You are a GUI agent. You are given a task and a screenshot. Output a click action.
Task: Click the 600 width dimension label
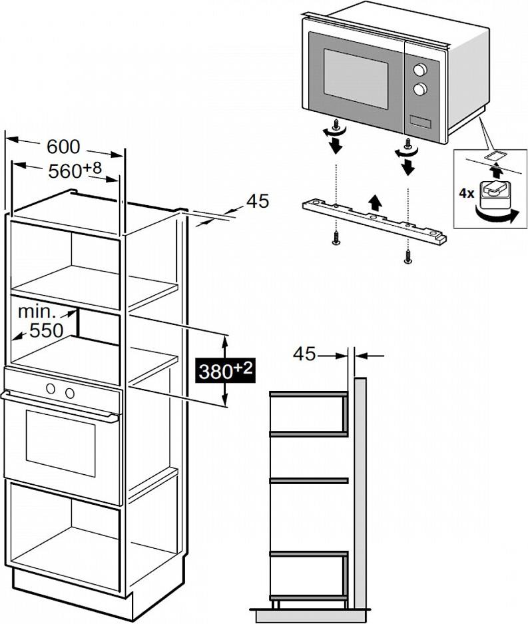point(63,147)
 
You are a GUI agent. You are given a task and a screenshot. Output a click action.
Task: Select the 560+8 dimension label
point(75,170)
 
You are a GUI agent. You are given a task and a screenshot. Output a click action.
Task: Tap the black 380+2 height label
point(225,370)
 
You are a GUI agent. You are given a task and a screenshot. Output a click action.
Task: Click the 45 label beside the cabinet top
point(258,201)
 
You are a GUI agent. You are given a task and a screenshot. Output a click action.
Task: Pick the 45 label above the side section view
point(304,354)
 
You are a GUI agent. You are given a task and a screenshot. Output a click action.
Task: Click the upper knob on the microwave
point(419,70)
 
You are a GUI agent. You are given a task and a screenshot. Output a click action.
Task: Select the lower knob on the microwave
point(419,89)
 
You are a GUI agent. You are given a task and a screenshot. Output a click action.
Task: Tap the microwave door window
point(356,79)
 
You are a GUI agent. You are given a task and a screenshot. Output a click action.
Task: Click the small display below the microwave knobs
point(420,122)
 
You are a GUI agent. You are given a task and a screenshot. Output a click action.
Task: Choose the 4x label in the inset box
point(466,194)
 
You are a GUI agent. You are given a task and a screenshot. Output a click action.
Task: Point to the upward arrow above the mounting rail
point(375,202)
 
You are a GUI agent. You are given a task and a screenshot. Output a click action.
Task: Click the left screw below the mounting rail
point(336,238)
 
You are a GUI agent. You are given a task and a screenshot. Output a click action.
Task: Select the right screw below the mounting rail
point(407,256)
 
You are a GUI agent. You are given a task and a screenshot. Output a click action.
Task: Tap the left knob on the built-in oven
point(51,388)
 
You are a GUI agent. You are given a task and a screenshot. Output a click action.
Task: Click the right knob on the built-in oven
point(70,393)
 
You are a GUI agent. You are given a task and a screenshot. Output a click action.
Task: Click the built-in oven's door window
point(61,444)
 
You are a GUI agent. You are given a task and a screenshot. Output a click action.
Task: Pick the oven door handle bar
point(60,406)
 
